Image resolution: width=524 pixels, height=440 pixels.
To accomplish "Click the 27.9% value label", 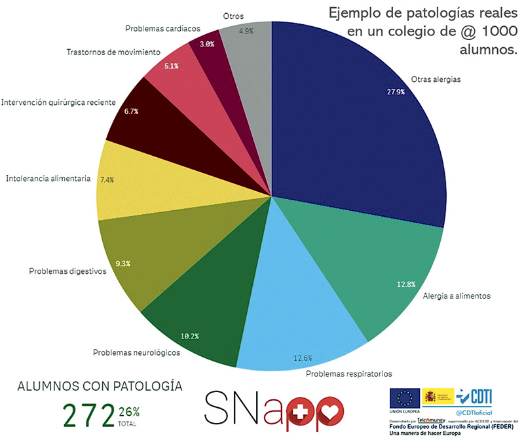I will [395, 92].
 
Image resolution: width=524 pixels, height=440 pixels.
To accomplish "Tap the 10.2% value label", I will [189, 336].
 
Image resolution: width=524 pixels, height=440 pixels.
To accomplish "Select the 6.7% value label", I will [132, 111].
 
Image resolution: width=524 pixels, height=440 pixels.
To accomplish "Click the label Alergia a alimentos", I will [457, 296].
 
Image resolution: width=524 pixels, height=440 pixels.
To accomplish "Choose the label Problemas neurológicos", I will [137, 352].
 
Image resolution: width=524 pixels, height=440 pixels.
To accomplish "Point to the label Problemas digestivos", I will [67, 270].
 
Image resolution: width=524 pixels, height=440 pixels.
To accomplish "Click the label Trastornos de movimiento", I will [113, 51].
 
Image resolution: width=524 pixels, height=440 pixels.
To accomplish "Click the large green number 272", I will [88, 414].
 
